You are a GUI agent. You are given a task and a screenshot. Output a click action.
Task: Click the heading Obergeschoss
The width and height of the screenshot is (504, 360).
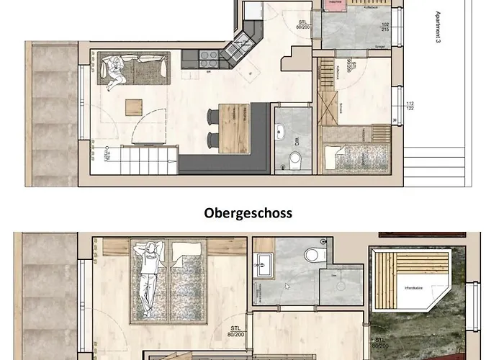pyautogui.click(x=248, y=213)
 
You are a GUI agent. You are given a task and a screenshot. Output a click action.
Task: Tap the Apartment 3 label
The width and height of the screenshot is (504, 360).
pyautogui.click(x=437, y=27)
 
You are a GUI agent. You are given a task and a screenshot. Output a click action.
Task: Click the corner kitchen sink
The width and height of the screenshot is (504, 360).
pyautogui.click(x=237, y=49)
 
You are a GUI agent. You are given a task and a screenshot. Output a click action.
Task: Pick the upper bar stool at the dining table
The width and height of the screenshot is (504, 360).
pyautogui.click(x=212, y=115)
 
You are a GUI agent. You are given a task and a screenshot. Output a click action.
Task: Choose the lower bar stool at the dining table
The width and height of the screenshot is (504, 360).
pyautogui.click(x=212, y=139)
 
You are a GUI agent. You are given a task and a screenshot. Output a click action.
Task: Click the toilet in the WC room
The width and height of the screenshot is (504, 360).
pyautogui.click(x=294, y=158)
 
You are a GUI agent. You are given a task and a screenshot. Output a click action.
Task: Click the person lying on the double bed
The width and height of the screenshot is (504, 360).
pyautogui.click(x=149, y=277)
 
